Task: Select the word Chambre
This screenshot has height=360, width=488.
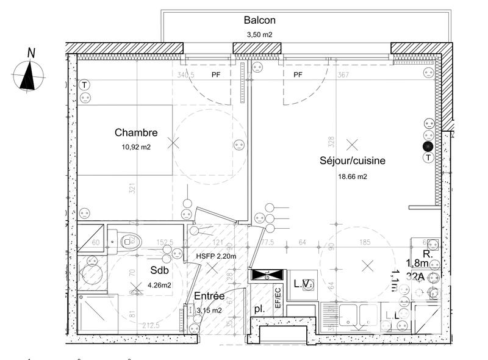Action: point(136,132)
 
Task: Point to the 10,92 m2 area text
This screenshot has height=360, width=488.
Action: point(136,147)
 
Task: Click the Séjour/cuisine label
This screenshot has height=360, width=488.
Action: point(352,161)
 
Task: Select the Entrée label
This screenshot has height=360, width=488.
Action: point(209,296)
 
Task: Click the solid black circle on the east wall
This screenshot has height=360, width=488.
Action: point(428,146)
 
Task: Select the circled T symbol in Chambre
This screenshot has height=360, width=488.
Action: point(84,85)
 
